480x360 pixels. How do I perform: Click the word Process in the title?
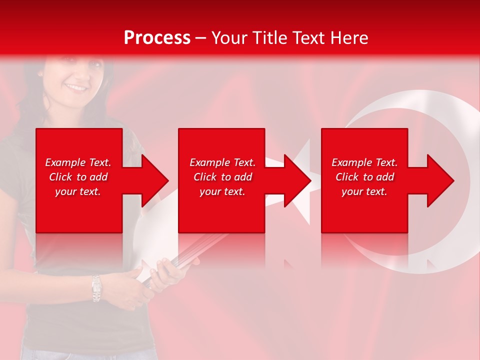(157, 38)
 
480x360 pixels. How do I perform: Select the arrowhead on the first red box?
(153, 180)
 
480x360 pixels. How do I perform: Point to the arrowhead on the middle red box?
(295, 180)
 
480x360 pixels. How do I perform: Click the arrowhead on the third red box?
(438, 180)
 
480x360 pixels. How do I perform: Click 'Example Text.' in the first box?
(78, 162)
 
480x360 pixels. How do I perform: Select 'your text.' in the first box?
(78, 191)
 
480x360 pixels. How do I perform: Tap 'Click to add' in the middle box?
(222, 177)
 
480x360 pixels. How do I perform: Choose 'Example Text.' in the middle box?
(222, 162)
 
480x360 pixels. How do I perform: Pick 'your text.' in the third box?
(364, 191)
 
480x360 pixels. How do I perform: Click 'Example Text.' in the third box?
(364, 162)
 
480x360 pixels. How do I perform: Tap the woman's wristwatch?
(96, 288)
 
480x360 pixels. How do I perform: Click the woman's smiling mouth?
(76, 87)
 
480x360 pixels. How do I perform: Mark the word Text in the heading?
(307, 38)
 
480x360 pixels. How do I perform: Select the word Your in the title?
(230, 38)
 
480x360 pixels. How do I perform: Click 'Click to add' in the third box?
(364, 177)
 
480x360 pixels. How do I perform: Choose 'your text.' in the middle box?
(222, 191)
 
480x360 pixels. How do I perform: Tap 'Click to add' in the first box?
(78, 177)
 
